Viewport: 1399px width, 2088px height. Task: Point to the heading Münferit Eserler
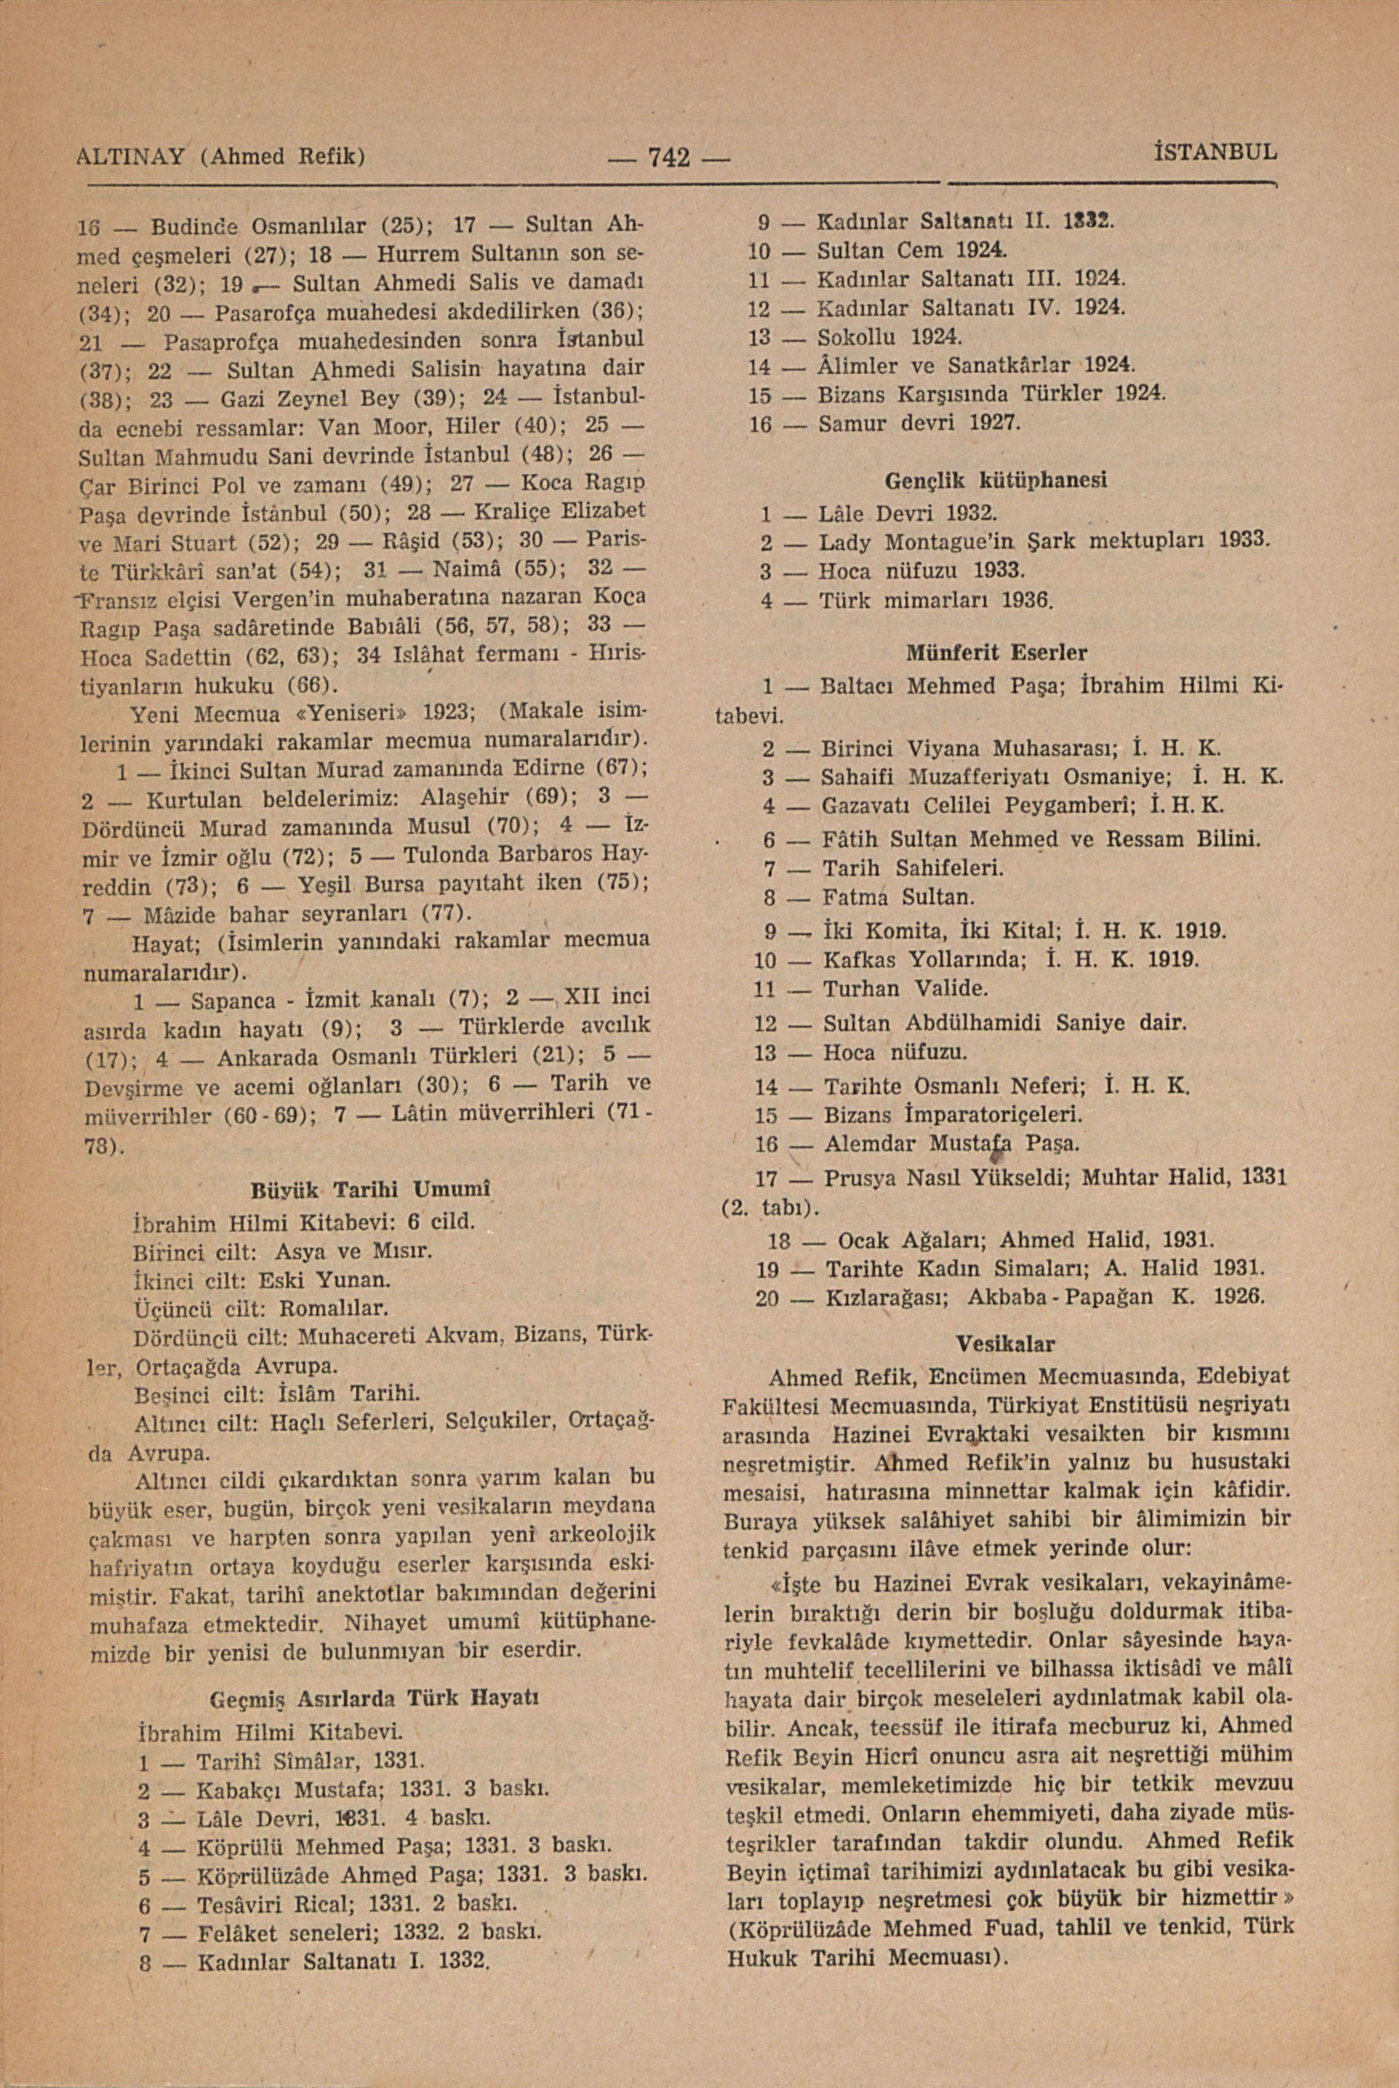tap(997, 652)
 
